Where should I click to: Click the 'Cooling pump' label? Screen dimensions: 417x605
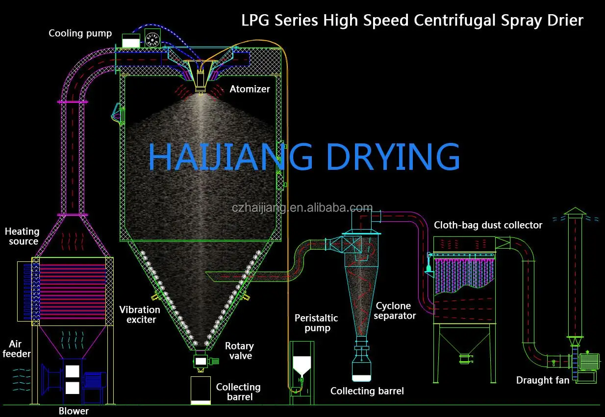point(80,34)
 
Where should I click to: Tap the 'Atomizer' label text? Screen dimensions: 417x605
point(250,89)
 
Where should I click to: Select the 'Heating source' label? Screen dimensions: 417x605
point(22,236)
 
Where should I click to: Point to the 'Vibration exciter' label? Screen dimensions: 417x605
point(140,315)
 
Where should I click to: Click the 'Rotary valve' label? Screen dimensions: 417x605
point(239,351)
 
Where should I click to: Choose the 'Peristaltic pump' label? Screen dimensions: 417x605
point(316,323)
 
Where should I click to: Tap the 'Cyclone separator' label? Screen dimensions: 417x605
point(396,311)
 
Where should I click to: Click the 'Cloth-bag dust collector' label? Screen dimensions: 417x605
point(488,225)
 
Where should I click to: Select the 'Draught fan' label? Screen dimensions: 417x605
point(543,380)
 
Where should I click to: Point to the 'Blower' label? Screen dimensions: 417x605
point(74,411)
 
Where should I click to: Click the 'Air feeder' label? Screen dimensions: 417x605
point(17,349)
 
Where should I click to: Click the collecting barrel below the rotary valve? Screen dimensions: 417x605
point(201,391)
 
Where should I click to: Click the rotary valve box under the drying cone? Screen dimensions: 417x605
point(201,361)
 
